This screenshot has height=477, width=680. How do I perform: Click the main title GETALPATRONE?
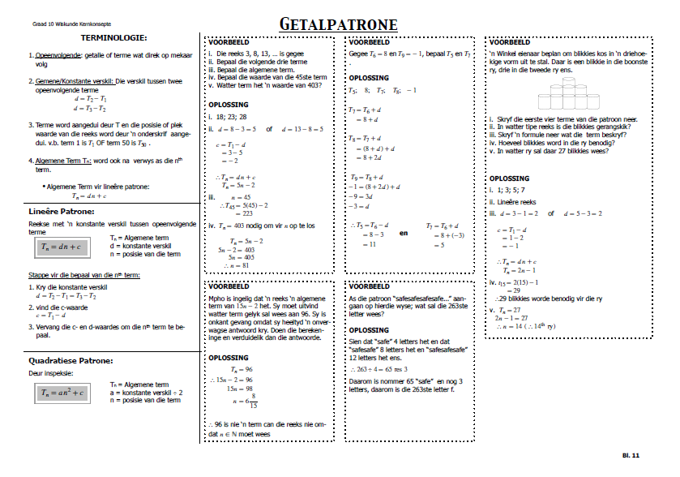339,24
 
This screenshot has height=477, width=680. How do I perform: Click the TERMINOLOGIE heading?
113,38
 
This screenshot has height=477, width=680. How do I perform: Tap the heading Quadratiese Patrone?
71,360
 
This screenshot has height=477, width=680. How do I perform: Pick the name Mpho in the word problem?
216,299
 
